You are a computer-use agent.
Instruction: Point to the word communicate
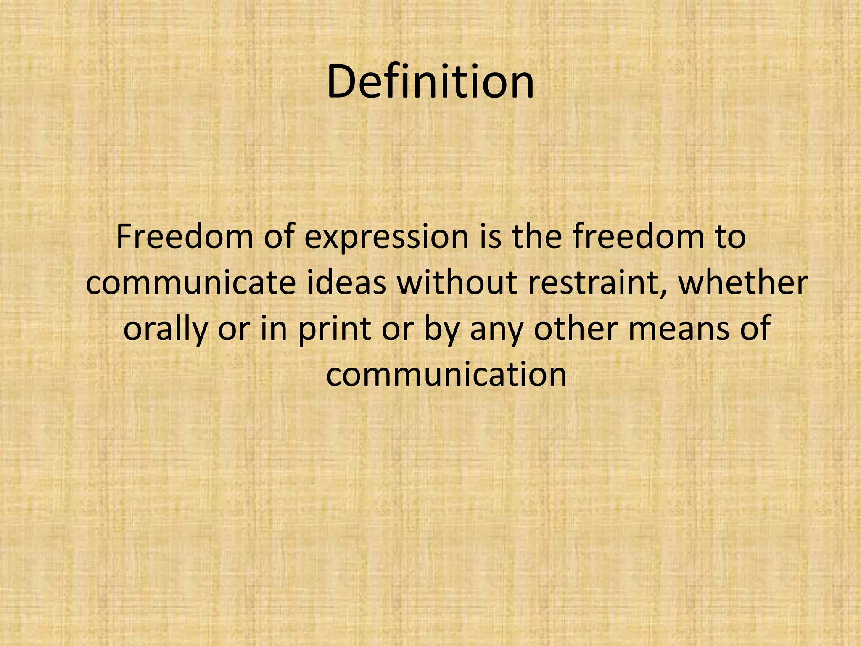191,283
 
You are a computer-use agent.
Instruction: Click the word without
457,283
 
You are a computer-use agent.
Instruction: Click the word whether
742,283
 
